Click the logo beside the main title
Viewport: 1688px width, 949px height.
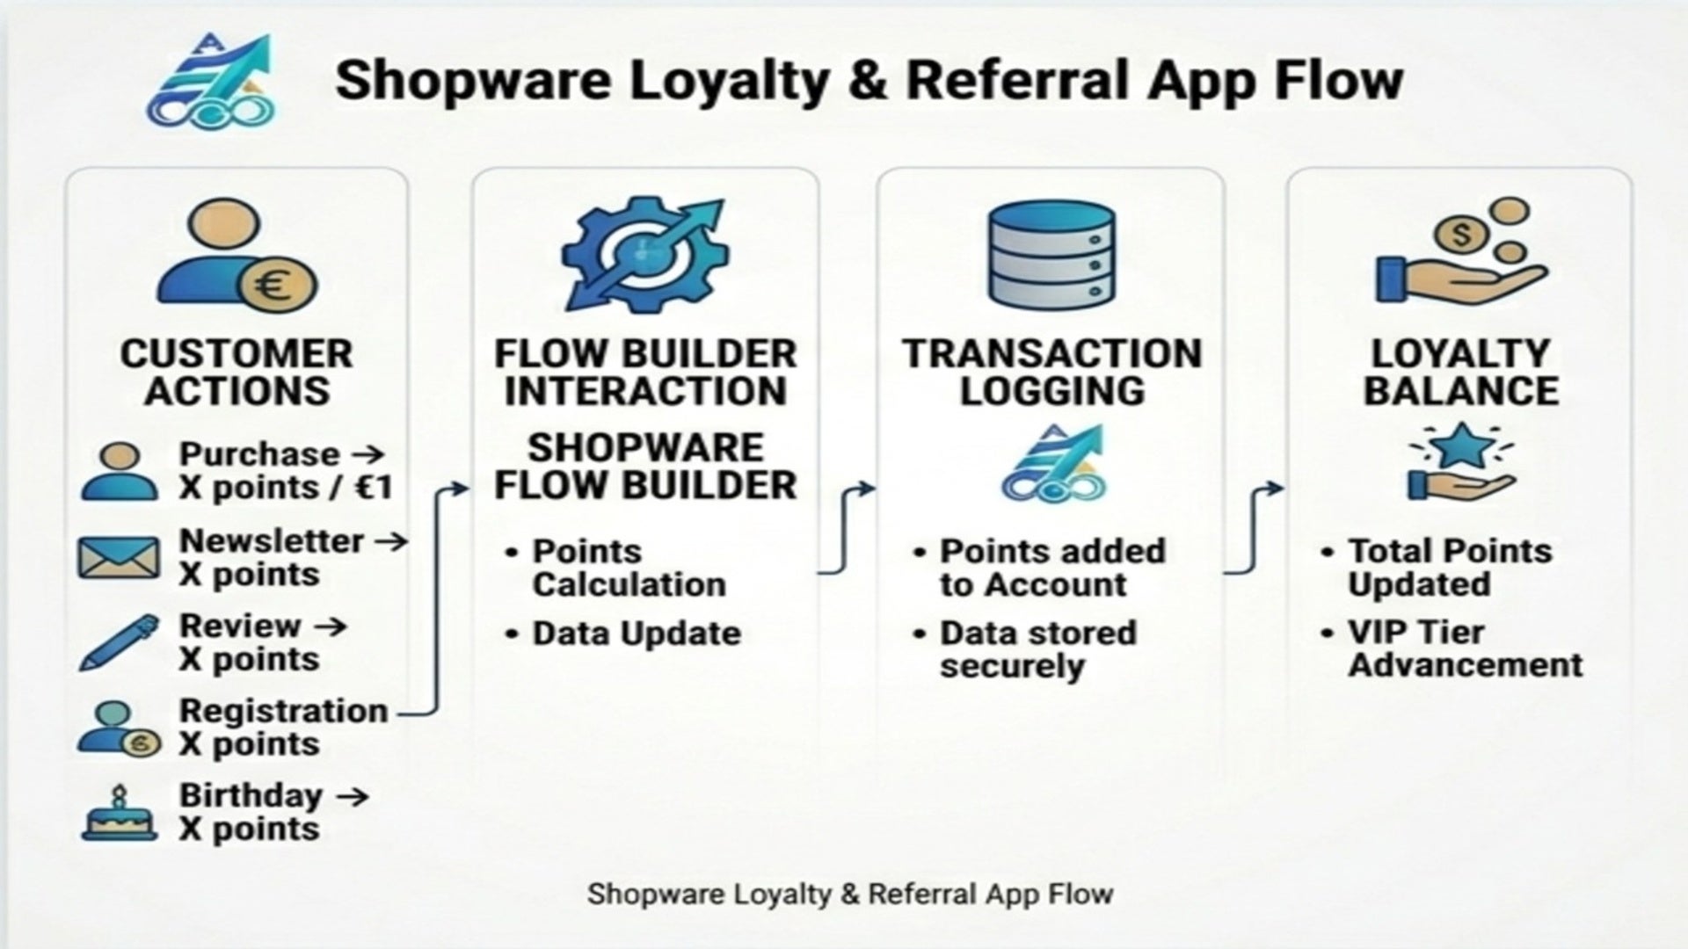211,81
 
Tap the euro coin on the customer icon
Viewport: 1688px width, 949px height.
278,286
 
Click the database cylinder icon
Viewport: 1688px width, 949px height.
1051,253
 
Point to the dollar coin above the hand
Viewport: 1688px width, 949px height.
1461,235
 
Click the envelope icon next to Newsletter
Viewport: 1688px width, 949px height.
119,558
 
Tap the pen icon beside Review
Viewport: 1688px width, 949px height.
120,643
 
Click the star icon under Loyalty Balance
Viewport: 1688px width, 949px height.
1462,446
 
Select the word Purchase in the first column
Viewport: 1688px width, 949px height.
247,455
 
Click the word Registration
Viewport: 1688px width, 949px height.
283,711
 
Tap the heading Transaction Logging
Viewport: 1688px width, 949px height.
1051,373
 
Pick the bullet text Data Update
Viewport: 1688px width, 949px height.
637,634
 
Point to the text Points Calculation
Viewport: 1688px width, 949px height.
629,568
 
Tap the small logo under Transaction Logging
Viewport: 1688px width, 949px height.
1052,465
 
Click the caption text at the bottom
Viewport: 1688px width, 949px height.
850,894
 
